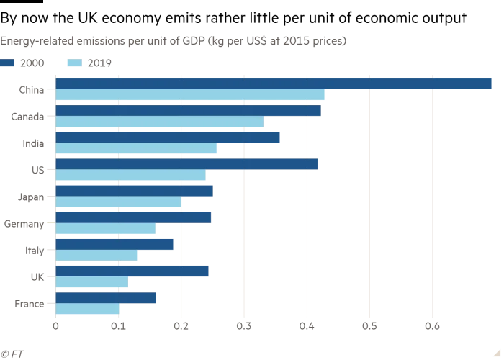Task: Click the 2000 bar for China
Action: click(274, 84)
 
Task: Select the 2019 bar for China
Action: click(190, 95)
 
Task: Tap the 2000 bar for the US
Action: click(186, 164)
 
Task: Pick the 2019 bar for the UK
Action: click(91, 282)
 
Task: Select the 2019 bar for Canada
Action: click(159, 122)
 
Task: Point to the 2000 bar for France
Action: click(106, 298)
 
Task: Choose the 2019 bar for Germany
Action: click(105, 228)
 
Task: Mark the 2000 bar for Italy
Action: click(114, 245)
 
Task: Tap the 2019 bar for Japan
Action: click(119, 202)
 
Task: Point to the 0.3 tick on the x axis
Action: click(244, 325)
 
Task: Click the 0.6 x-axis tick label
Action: click(432, 325)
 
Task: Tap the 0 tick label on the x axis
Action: click(55, 325)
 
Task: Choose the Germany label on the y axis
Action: click(24, 224)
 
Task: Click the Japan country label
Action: click(32, 197)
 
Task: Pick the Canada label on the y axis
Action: click(28, 116)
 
